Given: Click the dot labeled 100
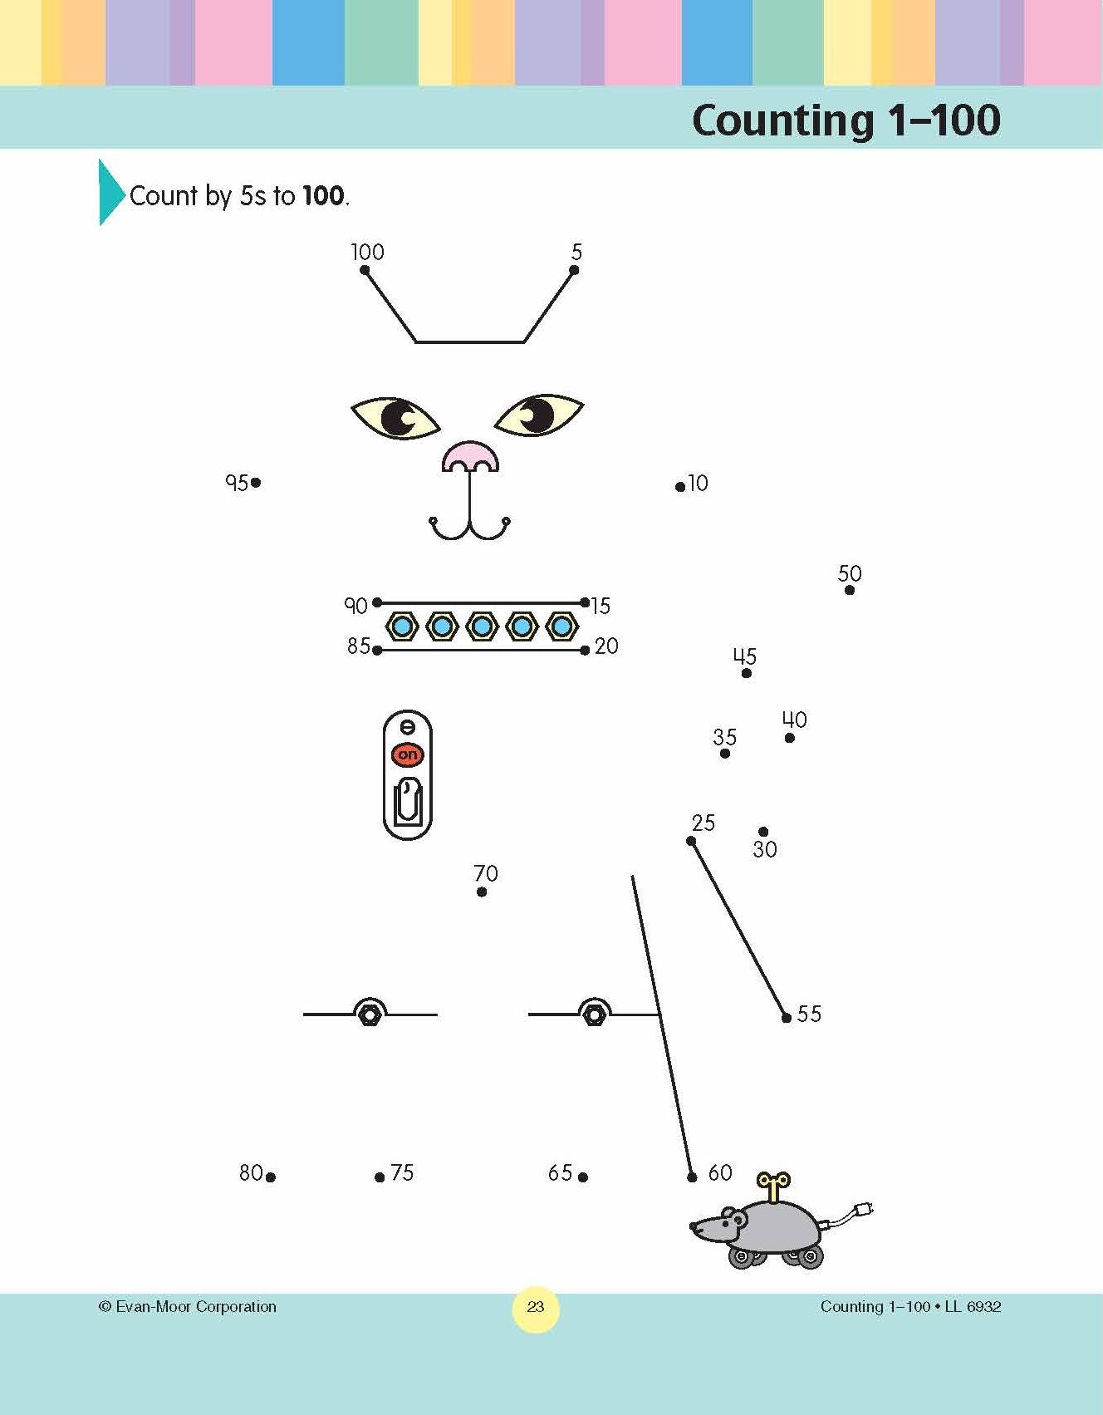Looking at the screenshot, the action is click(365, 270).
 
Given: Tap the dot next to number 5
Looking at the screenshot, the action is click(574, 270).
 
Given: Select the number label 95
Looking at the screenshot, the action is click(237, 483).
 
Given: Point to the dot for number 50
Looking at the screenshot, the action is click(850, 590).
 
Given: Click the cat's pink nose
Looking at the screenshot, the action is click(470, 456).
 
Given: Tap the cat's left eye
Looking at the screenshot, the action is click(395, 417).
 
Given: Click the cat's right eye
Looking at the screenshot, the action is click(539, 415).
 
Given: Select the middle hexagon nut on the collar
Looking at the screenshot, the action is click(482, 626).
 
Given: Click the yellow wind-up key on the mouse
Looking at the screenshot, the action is click(774, 1186).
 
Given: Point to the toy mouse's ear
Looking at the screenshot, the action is click(734, 1218).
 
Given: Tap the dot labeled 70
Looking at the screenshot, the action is click(482, 892).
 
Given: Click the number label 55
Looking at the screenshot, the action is click(809, 1014).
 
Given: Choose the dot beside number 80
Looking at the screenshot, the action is click(271, 1177).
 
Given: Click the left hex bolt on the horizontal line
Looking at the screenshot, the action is click(370, 1014).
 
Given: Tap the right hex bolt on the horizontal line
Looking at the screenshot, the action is click(594, 1014).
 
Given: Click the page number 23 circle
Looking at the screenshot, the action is click(536, 1307).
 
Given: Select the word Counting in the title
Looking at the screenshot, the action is click(782, 121).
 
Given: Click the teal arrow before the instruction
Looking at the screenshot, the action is click(112, 192).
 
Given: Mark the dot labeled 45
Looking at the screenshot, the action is click(746, 673).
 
